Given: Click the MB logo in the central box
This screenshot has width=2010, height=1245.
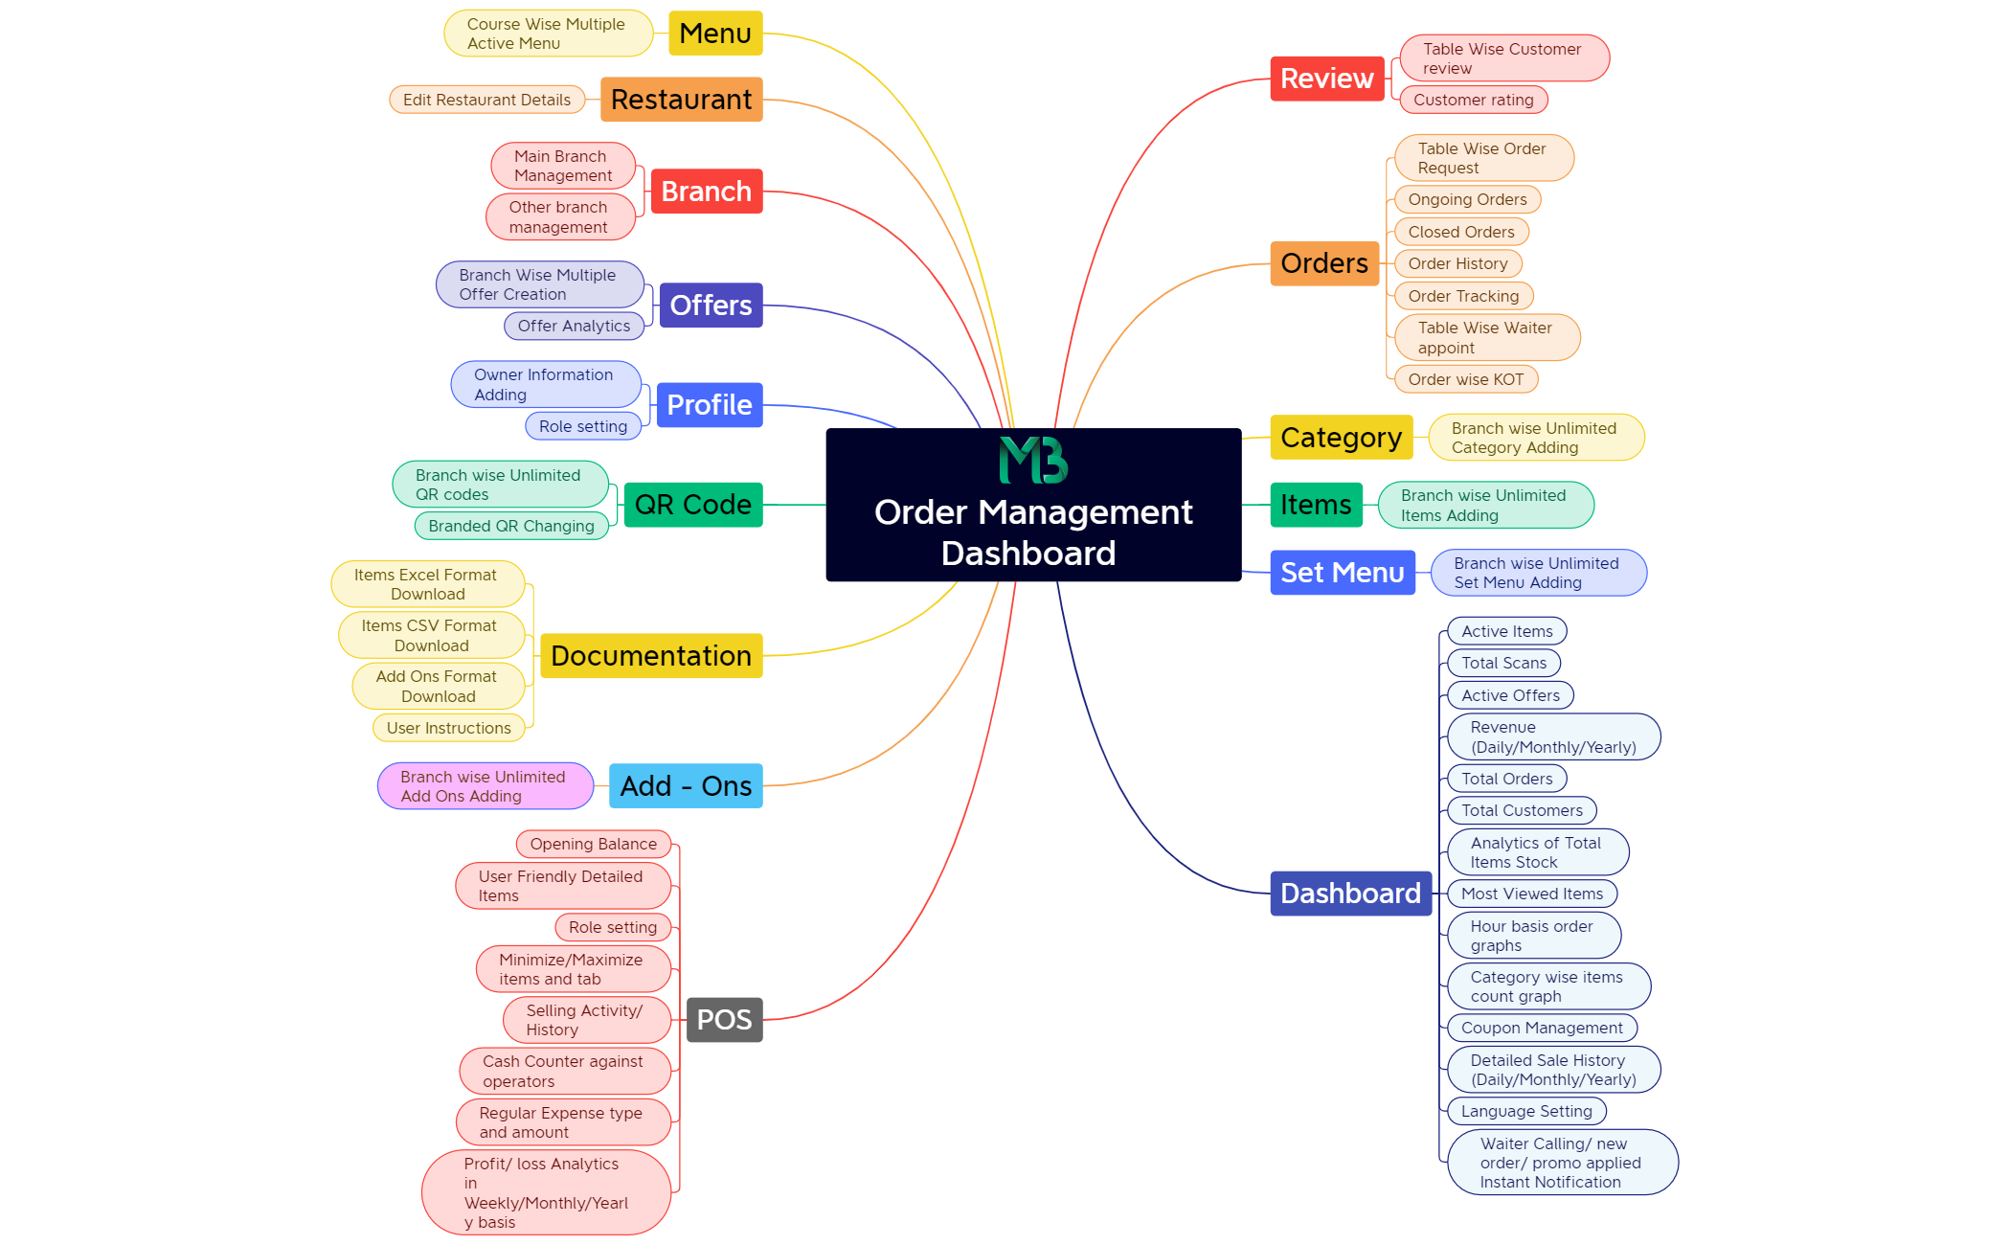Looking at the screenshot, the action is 1033,461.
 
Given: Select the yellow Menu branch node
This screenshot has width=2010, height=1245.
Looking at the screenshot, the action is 715,34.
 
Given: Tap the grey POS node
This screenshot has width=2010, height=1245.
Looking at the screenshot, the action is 725,1020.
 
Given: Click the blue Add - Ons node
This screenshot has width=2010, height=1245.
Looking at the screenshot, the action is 686,786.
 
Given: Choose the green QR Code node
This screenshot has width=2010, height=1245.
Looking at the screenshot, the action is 693,505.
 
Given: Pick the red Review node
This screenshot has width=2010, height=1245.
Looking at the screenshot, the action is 1327,79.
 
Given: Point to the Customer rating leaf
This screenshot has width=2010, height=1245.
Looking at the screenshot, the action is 1474,100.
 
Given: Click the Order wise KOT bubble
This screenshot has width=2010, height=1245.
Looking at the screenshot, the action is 1466,379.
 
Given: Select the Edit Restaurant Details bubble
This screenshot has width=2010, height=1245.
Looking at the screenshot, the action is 487,100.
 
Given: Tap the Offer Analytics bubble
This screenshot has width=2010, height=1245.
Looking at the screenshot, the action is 575,326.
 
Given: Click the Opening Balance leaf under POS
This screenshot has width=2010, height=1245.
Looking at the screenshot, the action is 594,844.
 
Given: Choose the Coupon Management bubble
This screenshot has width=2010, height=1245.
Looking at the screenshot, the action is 1543,1028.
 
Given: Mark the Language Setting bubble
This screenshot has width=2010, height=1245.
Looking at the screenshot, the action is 1527,1111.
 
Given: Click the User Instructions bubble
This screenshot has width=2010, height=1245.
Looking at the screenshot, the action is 449,728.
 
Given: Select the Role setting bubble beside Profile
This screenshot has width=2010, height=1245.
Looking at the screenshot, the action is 583,426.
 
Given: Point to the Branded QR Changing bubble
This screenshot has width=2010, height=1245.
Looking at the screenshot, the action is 511,526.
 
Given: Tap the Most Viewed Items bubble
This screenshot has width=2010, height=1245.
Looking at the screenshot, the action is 1532,894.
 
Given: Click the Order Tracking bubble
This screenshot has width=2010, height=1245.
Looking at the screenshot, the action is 1464,296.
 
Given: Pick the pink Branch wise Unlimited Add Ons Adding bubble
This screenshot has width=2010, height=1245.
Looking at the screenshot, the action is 486,786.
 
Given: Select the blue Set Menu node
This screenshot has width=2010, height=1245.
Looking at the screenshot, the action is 1343,573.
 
